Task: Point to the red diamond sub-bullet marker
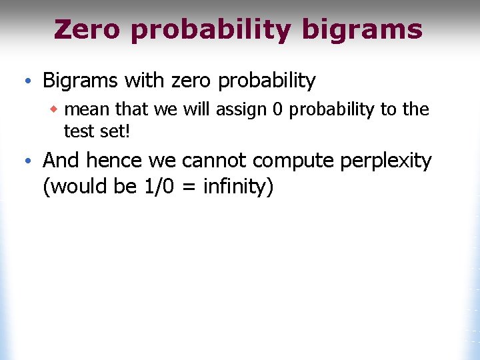(58, 109)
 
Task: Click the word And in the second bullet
(61, 161)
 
